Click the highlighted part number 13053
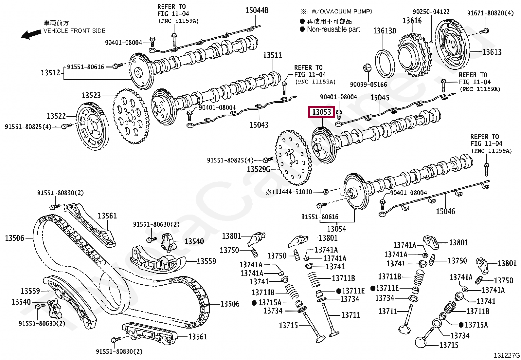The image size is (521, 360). [322, 112]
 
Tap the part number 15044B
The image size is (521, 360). [257, 10]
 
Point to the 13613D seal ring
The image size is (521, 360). [385, 64]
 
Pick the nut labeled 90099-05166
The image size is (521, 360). [367, 68]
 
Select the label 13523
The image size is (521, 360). [91, 95]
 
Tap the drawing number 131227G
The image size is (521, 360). [507, 355]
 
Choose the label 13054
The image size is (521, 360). [336, 229]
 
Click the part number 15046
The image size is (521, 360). [445, 211]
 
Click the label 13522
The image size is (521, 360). [56, 116]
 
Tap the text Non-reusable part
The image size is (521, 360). [333, 29]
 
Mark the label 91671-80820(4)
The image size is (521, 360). [490, 13]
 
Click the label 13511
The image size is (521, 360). [272, 55]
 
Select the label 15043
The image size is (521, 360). [259, 125]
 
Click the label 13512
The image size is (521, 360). [50, 72]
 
